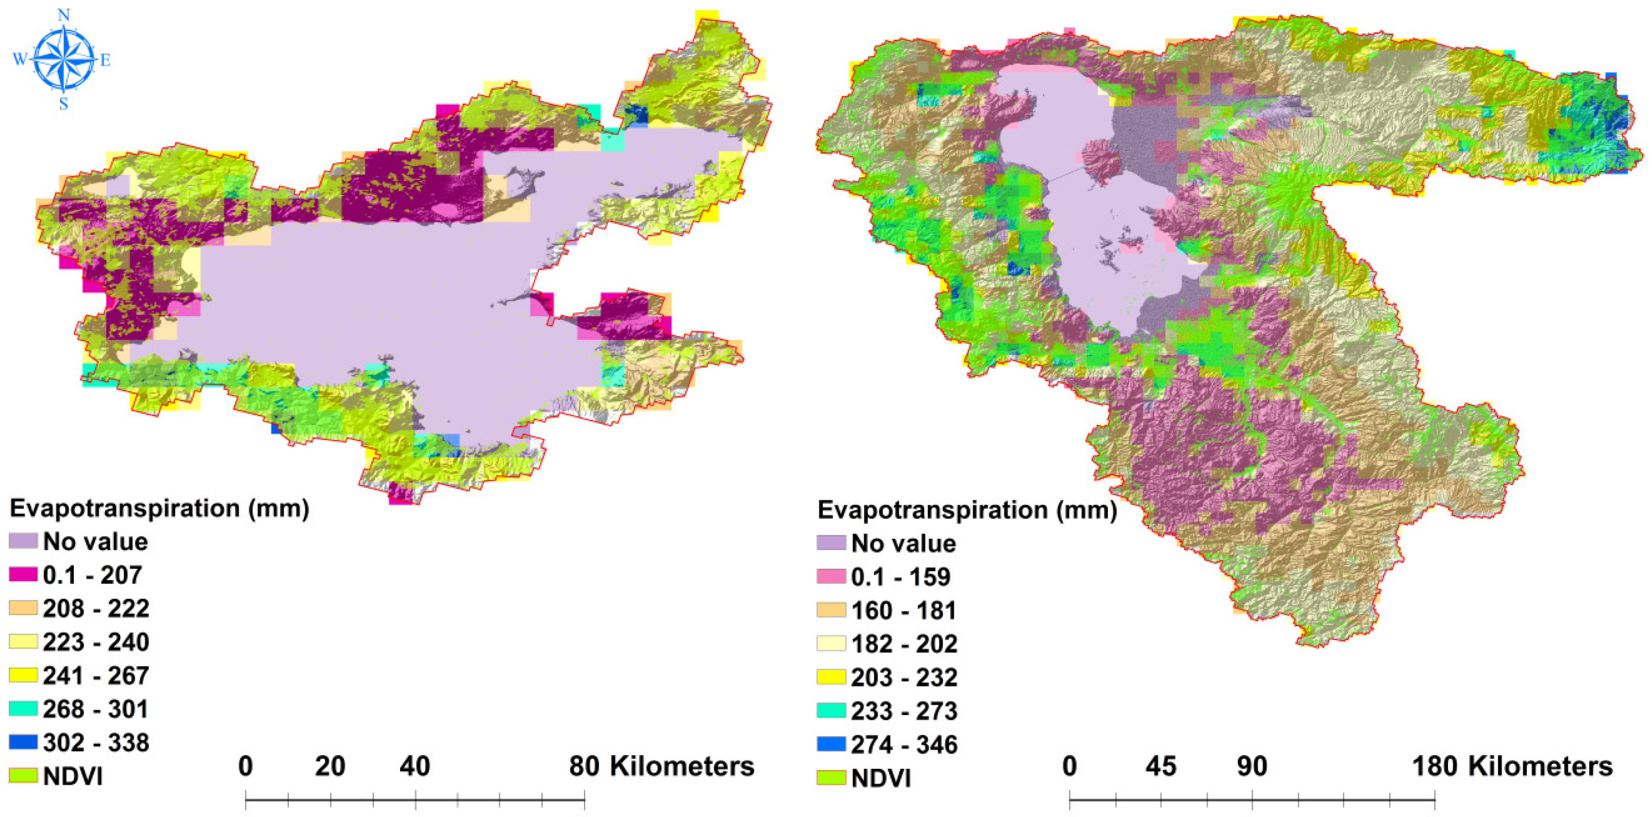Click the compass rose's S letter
click(x=64, y=105)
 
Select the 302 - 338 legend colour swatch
click(x=23, y=742)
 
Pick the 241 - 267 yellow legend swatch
click(x=23, y=674)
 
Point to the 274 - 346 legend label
click(x=904, y=745)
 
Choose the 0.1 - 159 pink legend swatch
click(x=831, y=576)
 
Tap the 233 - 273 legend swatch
click(x=831, y=711)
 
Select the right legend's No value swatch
click(x=831, y=542)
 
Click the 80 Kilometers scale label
click(x=661, y=766)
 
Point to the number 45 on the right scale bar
click(x=1161, y=766)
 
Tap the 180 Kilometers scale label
click(x=1512, y=766)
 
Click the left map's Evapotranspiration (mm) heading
click(x=160, y=508)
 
